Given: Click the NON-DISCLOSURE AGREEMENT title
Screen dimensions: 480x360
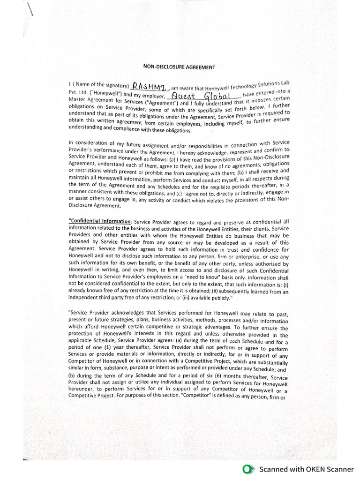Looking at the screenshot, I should [x=180, y=67].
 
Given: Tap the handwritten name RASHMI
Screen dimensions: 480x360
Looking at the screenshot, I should [x=148, y=86].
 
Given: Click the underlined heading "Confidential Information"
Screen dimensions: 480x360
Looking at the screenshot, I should [x=99, y=221].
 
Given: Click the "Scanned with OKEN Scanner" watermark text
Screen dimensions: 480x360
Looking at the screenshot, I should [x=307, y=469].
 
